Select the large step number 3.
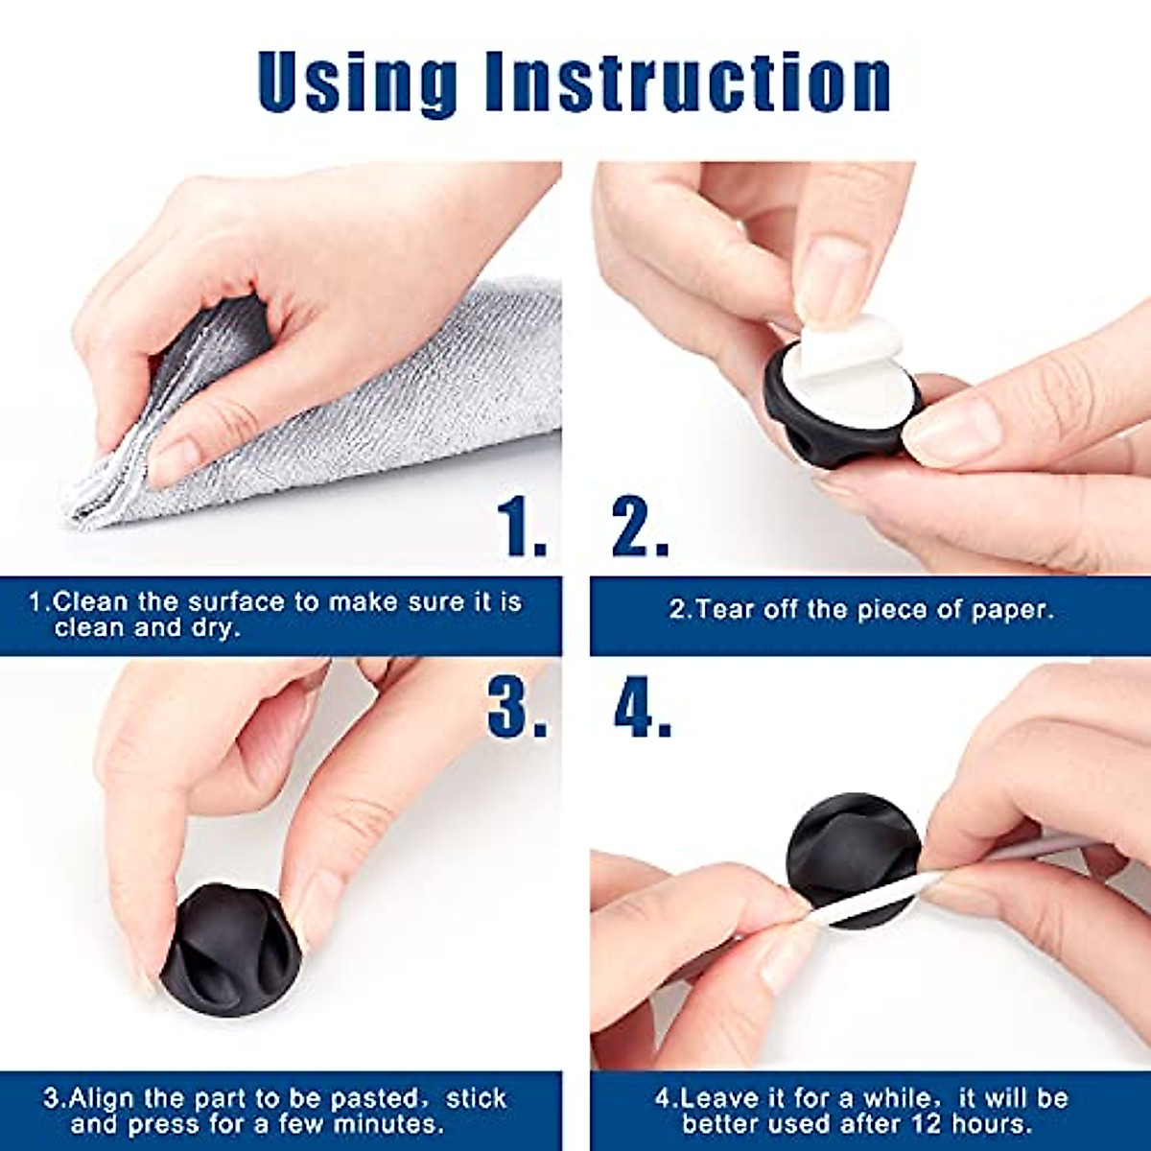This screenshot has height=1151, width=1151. (518, 710)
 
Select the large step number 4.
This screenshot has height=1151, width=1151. (642, 710)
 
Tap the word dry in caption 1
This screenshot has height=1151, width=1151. (217, 629)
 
